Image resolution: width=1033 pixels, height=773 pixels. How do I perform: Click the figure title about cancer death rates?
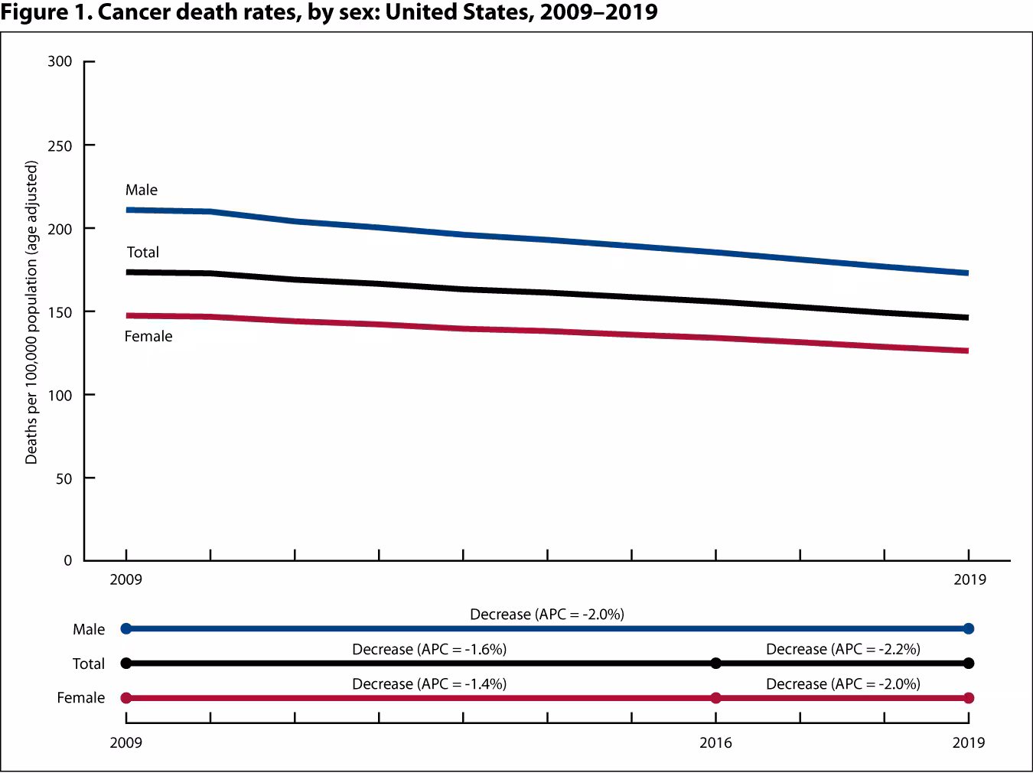tap(330, 13)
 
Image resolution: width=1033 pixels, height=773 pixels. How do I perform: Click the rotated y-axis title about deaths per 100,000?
tap(31, 312)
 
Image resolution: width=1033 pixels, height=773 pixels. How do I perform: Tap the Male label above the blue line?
tap(142, 190)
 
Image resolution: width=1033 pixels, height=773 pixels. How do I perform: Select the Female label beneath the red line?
tap(148, 337)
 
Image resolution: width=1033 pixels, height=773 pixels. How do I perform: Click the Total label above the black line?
tap(143, 253)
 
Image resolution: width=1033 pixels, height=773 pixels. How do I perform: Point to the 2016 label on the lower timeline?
tap(715, 743)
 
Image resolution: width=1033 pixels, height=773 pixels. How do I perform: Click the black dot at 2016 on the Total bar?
tap(715, 664)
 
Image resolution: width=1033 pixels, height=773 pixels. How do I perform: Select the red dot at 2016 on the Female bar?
tap(715, 698)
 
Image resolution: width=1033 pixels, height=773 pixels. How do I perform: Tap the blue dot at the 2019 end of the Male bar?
tap(969, 629)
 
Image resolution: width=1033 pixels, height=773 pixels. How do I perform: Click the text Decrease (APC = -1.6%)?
tap(429, 650)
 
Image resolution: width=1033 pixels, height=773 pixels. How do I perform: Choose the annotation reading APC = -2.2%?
tap(843, 650)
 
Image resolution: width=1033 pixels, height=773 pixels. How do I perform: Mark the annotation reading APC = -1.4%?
tap(429, 684)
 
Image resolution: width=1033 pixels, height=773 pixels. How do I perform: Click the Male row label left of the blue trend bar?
tap(89, 630)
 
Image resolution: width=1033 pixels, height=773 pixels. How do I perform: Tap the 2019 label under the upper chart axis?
tap(969, 579)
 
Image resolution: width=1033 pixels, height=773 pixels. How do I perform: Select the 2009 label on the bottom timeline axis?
tap(126, 743)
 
